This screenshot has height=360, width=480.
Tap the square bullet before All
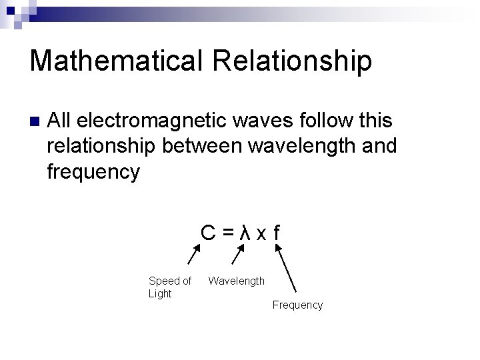35,122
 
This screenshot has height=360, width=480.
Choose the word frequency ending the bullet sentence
93,171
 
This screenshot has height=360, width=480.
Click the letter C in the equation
209,233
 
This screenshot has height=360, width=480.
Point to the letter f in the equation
276,233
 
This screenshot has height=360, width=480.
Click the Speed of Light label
169,287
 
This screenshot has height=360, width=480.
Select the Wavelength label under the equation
236,281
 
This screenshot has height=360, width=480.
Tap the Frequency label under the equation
297,305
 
